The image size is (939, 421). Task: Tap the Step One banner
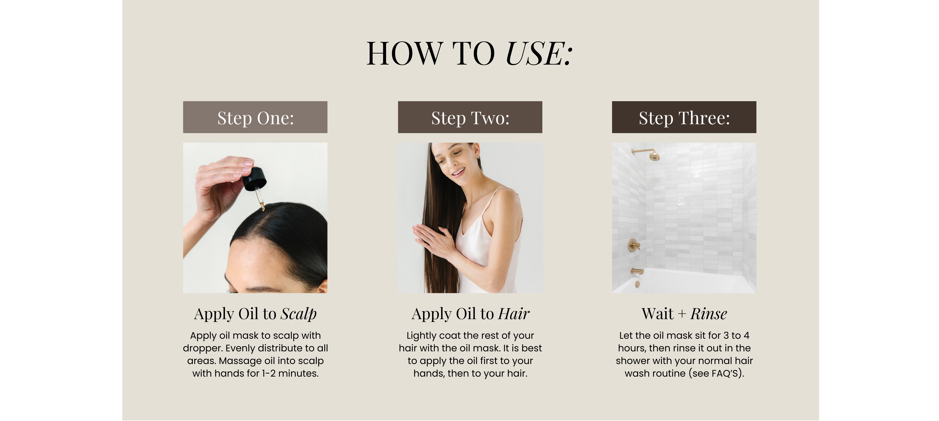pyautogui.click(x=255, y=117)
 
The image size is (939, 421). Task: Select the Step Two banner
pyautogui.click(x=470, y=117)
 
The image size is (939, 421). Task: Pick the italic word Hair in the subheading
pyautogui.click(x=514, y=314)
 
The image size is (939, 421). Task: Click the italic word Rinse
pyautogui.click(x=709, y=314)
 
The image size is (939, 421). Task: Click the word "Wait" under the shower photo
pyautogui.click(x=658, y=314)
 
